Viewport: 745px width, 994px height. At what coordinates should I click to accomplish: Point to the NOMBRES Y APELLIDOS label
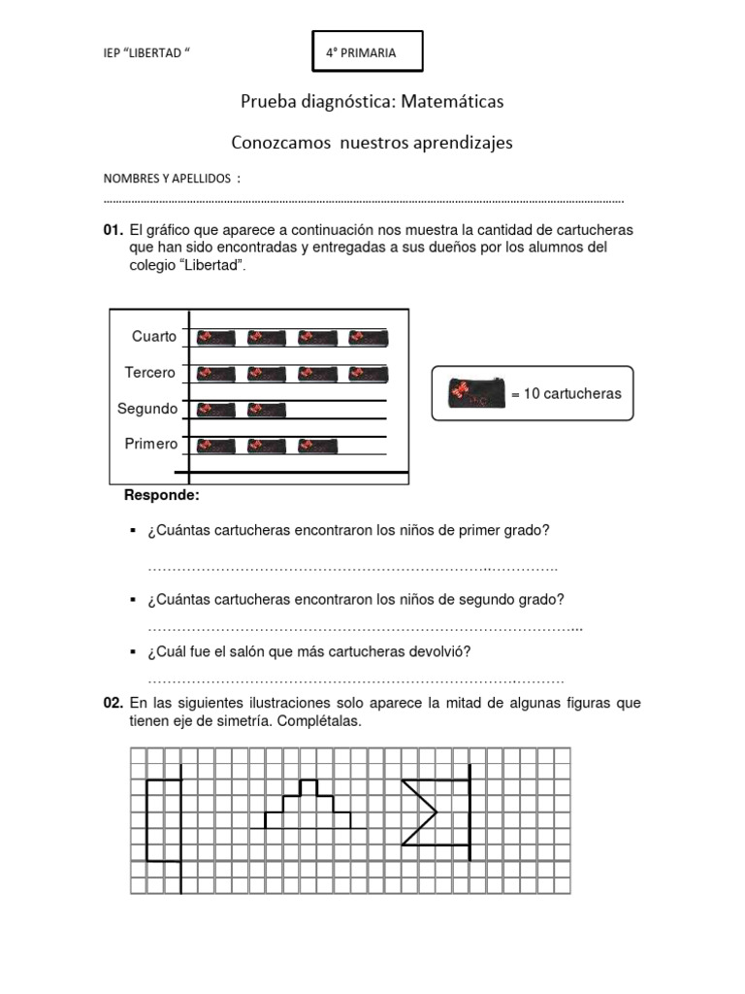coord(168,180)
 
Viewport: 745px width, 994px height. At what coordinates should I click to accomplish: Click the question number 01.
coord(113,231)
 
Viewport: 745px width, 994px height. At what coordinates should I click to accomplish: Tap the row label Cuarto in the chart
coord(154,337)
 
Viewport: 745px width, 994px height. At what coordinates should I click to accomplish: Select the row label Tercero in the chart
coord(150,373)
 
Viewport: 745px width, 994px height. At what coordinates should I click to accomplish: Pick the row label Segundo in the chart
coord(147,409)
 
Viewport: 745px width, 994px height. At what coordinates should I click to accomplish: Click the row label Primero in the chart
coord(150,445)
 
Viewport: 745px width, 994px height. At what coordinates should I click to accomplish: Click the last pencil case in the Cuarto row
coord(369,338)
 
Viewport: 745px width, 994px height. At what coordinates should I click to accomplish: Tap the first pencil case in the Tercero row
coord(215,374)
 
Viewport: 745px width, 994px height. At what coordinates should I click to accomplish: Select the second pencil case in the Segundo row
coord(267,410)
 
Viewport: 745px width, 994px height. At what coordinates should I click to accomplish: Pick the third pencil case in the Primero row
coord(318,446)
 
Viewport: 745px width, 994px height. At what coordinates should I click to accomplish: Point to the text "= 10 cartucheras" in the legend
coord(565,393)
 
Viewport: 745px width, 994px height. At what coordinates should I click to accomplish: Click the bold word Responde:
coord(161,496)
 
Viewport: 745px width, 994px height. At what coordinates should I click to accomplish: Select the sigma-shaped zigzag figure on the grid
coord(420,811)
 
